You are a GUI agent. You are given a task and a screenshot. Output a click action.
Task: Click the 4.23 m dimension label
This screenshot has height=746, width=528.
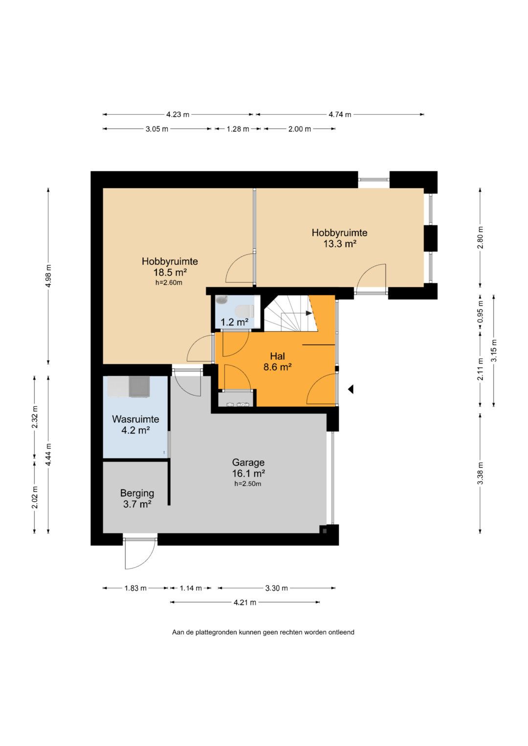coord(177,115)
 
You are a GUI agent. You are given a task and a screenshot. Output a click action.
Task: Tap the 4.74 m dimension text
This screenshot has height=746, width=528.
coord(340,115)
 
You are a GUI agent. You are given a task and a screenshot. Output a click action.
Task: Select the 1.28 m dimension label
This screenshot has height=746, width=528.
coord(238,129)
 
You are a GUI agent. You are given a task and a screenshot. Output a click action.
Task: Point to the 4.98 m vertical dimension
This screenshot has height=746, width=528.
coord(49,276)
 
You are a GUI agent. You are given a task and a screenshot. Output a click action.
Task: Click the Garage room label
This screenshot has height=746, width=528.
coord(248,462)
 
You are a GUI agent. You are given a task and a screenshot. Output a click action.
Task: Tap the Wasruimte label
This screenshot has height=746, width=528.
coord(135,419)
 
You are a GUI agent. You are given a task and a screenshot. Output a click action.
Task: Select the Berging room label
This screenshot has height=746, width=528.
coord(137,493)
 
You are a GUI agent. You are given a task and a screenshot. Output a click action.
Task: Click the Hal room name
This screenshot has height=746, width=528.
coord(277,356)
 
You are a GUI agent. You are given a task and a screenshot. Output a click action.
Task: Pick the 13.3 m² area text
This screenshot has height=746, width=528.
coord(340,244)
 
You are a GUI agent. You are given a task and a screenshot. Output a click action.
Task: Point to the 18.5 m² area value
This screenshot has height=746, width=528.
coord(170,273)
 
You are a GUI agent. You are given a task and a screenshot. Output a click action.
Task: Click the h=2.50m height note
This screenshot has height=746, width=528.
coord(248,484)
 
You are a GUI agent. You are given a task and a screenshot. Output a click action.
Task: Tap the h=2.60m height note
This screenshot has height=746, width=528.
coord(169,283)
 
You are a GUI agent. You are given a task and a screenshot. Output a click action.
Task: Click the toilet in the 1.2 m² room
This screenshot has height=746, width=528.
coord(244,311)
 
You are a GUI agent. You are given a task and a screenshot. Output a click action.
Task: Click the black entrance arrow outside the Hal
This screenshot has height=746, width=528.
coord(351,389)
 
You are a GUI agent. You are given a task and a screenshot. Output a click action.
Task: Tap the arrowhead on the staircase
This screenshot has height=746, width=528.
coord(308,313)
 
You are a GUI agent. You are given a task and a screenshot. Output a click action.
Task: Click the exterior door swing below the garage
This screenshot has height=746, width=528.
coord(140,553)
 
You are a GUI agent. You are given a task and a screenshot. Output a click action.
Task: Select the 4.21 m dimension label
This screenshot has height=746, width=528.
coord(244,602)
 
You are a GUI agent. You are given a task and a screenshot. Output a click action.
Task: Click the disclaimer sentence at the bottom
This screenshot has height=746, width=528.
coord(263,632)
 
